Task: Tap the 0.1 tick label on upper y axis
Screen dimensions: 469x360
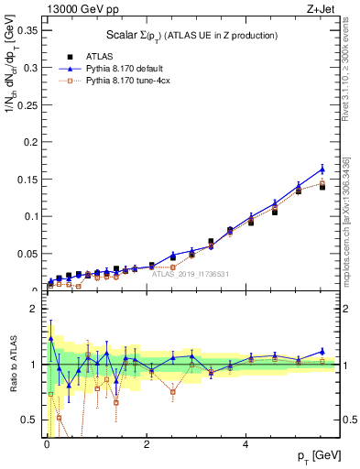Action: (x=30, y=216)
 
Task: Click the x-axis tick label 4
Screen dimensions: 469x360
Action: (x=245, y=445)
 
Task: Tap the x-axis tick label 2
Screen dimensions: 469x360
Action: (x=147, y=445)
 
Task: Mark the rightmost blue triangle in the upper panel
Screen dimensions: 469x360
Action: (x=322, y=169)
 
